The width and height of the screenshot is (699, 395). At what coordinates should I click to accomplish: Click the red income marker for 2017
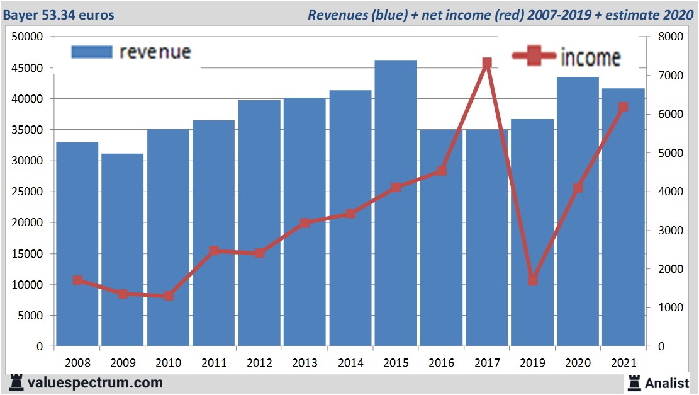[x=486, y=63]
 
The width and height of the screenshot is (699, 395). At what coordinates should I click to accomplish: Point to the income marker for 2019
[x=532, y=280]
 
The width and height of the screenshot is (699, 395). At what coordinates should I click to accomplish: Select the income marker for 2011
[x=214, y=251]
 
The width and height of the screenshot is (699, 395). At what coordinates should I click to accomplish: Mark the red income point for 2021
[x=623, y=107]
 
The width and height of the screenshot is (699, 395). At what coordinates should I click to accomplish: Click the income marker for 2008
[x=77, y=280]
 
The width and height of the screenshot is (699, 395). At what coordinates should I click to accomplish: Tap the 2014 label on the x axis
[x=350, y=364]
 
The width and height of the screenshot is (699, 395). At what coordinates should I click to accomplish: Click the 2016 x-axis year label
[x=441, y=364]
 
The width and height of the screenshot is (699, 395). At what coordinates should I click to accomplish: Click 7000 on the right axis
[x=666, y=76]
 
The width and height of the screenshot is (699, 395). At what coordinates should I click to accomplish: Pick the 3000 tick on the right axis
[x=666, y=231]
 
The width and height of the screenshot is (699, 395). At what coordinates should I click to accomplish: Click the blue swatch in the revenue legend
[x=91, y=52]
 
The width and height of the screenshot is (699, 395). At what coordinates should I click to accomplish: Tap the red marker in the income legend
[x=535, y=57]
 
